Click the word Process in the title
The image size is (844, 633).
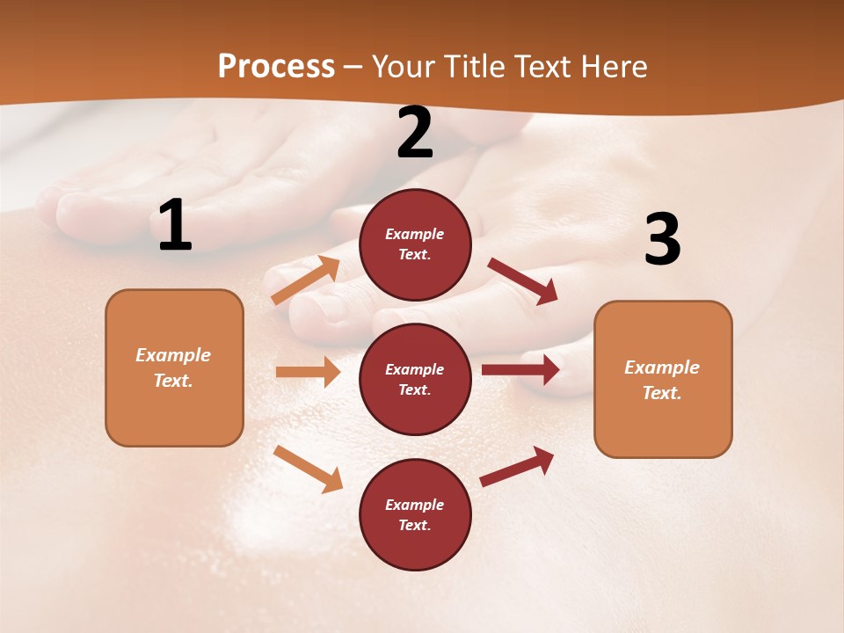276,67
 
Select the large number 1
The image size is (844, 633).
175,226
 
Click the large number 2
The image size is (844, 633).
415,133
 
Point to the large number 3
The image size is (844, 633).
662,239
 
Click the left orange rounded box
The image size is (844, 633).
174,367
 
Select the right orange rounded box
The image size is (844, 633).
663,379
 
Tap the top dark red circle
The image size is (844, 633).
415,244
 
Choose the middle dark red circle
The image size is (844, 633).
415,379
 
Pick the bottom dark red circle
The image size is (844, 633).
415,514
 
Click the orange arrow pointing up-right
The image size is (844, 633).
305,280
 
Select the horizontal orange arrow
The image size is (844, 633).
308,372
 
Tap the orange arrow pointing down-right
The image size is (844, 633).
308,469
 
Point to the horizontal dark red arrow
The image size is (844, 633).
520,369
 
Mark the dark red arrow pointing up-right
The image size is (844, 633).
517,467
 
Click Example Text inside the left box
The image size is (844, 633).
173,367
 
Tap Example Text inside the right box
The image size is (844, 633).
662,380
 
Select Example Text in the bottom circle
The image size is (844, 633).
415,515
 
